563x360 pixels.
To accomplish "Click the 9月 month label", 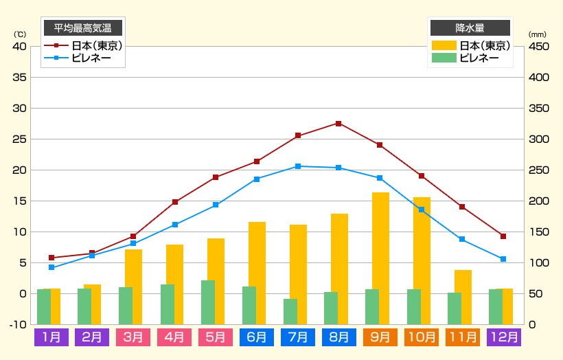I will (380, 337).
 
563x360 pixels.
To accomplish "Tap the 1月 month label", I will (51, 337).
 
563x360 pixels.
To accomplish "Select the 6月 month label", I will (257, 337).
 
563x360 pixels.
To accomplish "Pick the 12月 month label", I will (503, 337).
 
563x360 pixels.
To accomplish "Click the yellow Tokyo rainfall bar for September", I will (381, 258).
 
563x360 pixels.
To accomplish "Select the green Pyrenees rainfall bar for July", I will (290, 311).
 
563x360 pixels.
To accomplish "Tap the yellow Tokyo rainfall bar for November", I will (463, 297).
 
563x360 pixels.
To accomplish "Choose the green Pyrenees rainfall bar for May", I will (208, 302).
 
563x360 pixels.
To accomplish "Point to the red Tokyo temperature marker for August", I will (338, 124).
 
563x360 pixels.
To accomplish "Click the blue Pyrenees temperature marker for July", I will (298, 166).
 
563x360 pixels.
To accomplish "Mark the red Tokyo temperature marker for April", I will (175, 202).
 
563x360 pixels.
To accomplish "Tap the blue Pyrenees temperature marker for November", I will (462, 239).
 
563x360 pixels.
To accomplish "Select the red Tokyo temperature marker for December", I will (503, 236).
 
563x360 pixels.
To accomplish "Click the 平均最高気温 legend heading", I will (83, 28).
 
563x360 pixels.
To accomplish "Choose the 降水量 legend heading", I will (470, 28).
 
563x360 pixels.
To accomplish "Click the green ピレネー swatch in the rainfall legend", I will (444, 58).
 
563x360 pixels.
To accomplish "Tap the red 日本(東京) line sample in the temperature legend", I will (57, 46).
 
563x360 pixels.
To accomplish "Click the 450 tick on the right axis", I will (539, 47).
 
